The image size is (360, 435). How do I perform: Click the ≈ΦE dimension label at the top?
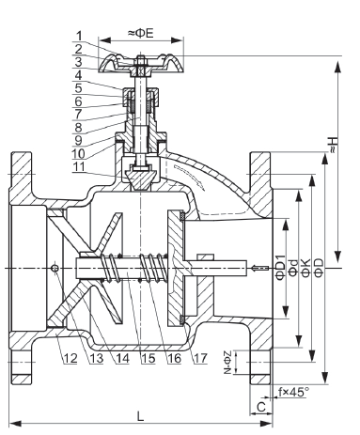pos(141,33)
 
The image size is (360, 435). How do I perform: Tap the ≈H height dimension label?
pos(334,145)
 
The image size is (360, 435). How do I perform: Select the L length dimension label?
pos(141,416)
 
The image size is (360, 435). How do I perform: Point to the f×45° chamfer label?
pos(294,392)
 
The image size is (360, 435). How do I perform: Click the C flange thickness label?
pos(261,407)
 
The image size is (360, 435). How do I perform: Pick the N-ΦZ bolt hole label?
pos(227,363)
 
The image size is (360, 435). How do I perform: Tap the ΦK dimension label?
pos(305,268)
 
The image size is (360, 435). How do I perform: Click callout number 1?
pos(79,36)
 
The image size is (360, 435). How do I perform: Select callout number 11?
pos(79,166)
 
